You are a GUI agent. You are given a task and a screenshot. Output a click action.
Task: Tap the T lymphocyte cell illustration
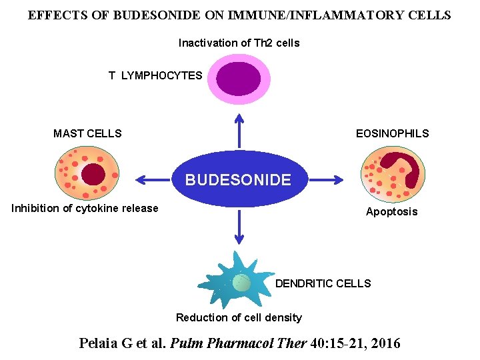[237, 79]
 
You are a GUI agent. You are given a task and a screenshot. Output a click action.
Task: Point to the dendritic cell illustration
[240, 281]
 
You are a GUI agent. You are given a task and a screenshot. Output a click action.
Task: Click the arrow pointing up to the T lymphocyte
[239, 129]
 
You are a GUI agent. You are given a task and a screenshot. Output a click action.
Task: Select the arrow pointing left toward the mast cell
[153, 179]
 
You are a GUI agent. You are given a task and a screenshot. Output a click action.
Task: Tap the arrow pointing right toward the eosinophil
[326, 179]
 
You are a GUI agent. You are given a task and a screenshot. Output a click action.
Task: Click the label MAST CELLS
[87, 133]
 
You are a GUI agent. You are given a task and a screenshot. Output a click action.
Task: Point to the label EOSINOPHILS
[392, 133]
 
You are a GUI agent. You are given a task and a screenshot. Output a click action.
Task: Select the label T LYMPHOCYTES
[155, 75]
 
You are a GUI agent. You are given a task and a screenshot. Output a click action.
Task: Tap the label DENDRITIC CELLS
[323, 283]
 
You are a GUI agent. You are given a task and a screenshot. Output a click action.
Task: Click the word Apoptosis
[391, 212]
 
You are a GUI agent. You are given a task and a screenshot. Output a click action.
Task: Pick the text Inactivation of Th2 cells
[239, 43]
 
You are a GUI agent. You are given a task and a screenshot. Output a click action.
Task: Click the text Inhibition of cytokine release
[85, 208]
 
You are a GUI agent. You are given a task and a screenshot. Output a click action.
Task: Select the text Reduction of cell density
[239, 317]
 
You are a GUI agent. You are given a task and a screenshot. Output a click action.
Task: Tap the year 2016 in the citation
[385, 343]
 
